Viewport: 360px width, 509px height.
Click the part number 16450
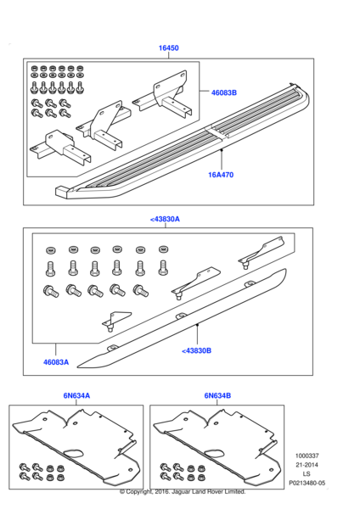pos(168,49)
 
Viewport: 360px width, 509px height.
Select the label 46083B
pos(224,93)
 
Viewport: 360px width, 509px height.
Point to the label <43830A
pos(165,219)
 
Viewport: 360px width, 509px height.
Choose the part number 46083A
pos(56,362)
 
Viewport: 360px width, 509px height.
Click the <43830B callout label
pos(197,350)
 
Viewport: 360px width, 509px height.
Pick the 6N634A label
pos(76,395)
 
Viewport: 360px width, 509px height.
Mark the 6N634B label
pos(217,395)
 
